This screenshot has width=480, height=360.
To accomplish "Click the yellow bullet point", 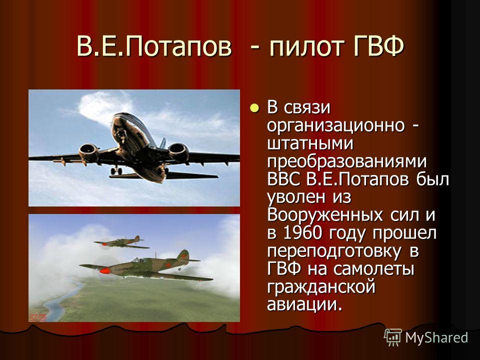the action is (254, 107).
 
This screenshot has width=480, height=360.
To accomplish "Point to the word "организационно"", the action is (336, 126).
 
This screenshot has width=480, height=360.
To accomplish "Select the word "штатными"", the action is (310, 144).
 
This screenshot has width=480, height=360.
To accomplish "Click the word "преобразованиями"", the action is (347, 162).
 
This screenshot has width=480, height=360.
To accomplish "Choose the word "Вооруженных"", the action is (325, 216).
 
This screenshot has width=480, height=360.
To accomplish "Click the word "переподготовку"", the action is (334, 252).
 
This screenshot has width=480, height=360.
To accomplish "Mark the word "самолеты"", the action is (373, 269).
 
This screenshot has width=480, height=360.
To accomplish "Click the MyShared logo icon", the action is (393, 337).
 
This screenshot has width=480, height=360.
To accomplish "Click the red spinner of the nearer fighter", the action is (104, 271).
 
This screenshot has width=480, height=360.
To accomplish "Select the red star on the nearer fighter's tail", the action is (184, 254).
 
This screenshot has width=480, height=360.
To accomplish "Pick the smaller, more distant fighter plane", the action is (122, 242).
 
